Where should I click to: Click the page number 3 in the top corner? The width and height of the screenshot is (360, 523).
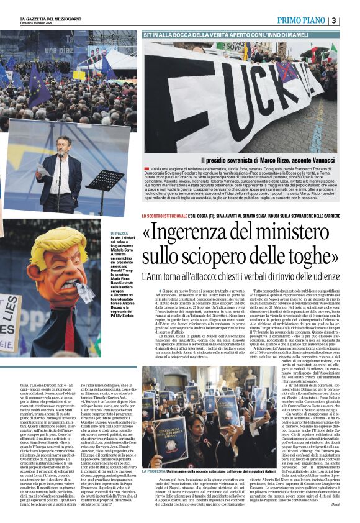[351, 20]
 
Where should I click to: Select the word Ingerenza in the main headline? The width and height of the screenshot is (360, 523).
[192, 234]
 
